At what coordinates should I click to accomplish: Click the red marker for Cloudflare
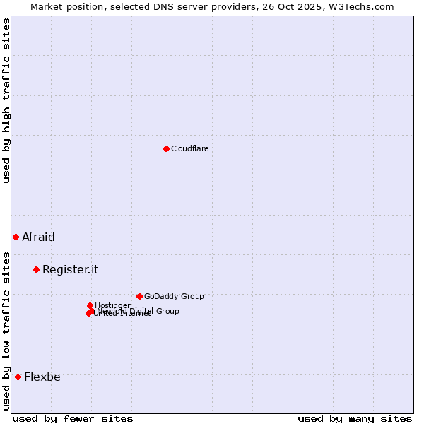[x=166, y=148]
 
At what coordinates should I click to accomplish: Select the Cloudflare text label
[x=189, y=148]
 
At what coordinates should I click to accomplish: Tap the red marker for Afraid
[x=16, y=237]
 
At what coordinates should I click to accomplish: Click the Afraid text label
[x=38, y=237]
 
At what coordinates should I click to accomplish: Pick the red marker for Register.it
[x=36, y=269]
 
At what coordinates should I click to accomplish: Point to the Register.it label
[x=70, y=269]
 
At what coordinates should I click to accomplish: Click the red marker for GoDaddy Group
[x=139, y=296]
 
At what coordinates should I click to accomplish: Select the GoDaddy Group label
[x=174, y=296]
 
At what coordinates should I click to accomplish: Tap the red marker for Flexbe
[x=18, y=377]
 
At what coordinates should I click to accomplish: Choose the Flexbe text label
[x=42, y=377]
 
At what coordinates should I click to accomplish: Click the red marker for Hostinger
[x=90, y=305]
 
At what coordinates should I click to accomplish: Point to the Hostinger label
[x=112, y=305]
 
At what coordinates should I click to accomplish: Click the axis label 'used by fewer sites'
[x=73, y=418]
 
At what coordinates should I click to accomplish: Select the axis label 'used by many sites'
[x=355, y=418]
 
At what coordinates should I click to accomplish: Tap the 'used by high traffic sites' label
[x=6, y=100]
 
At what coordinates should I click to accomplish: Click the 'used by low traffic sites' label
[x=6, y=331]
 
